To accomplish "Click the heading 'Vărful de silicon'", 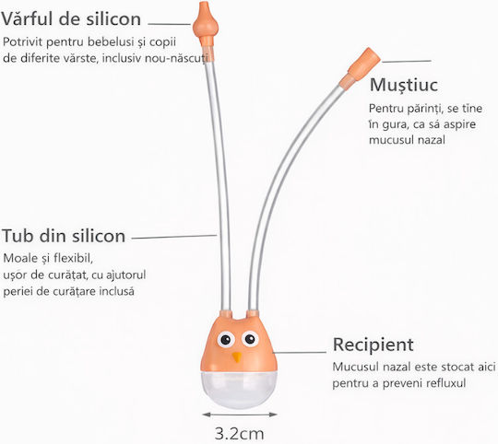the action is click(71, 18).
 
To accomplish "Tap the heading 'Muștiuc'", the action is click(404, 85).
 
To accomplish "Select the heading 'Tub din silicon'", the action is click(64, 236).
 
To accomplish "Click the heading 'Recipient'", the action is click(373, 345).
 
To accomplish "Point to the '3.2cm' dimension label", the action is click(239, 434).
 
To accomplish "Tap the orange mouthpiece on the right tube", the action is click(360, 67).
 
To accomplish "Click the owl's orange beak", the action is click(236, 357).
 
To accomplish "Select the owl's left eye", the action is click(226, 340).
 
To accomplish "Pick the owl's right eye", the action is click(250, 339).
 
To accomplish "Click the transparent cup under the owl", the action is click(239, 390).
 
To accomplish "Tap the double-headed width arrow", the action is click(240, 415).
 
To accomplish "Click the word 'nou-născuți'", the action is click(178, 59).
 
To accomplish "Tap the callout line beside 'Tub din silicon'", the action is click(174, 237).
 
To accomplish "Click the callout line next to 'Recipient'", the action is click(299, 352).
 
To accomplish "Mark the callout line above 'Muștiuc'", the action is click(407, 61).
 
